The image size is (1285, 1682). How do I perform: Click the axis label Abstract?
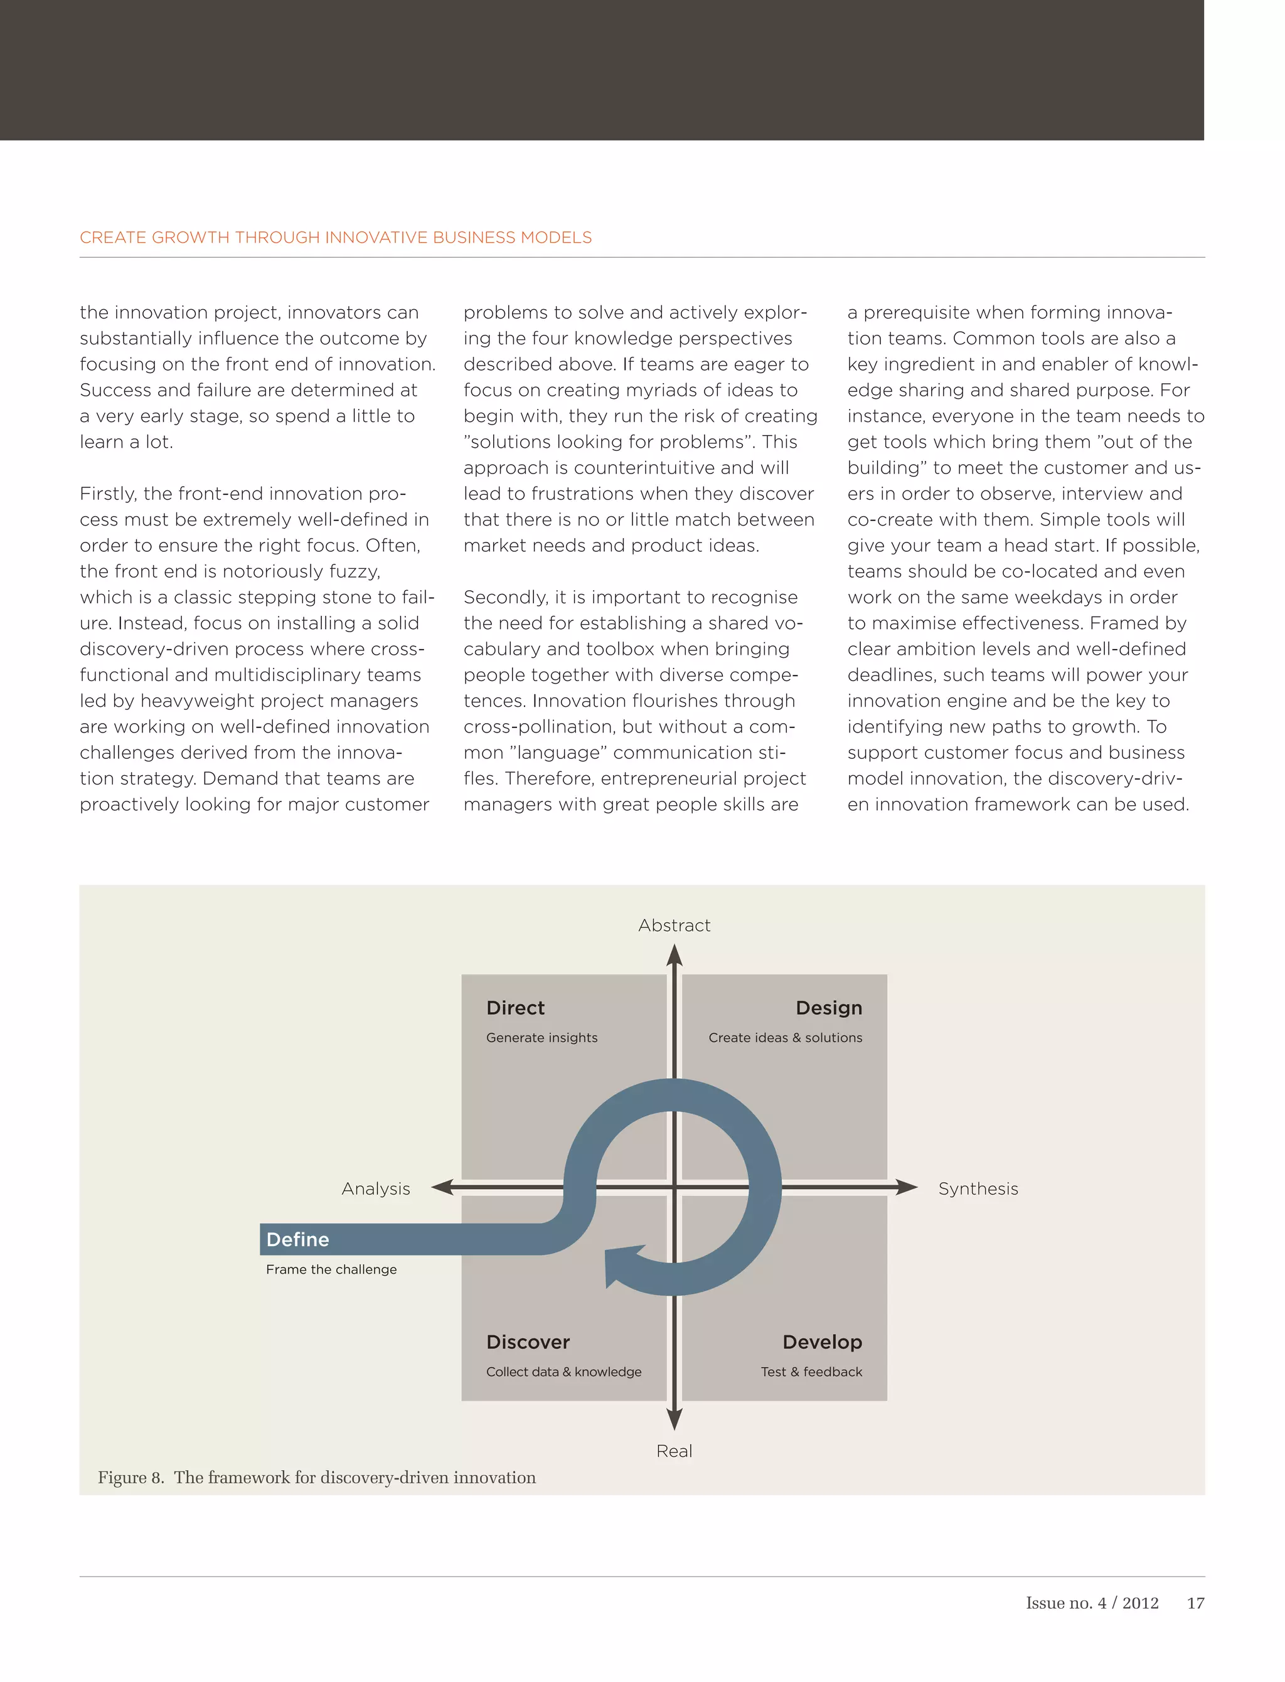674,925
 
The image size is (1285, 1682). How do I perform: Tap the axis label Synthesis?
978,1189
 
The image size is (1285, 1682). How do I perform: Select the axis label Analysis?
376,1189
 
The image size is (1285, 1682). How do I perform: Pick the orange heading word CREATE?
113,238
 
